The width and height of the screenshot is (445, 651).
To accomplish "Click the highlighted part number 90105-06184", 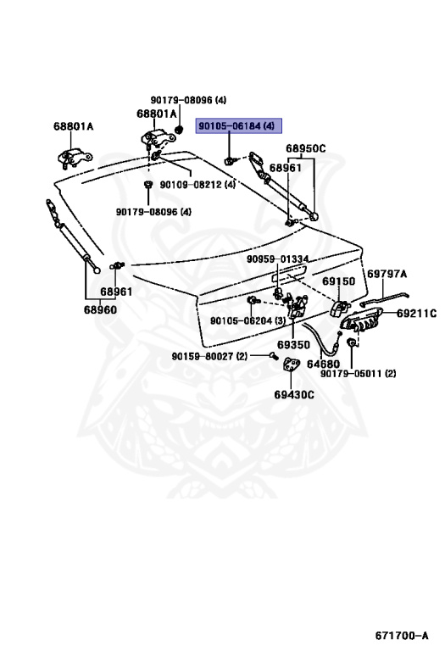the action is click(x=230, y=125).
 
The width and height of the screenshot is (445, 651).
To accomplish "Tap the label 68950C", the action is click(x=305, y=148).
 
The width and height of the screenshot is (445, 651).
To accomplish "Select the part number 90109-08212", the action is click(x=191, y=184).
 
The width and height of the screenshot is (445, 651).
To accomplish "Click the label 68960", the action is click(x=100, y=309).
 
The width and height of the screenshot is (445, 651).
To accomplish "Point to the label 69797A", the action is click(x=387, y=274).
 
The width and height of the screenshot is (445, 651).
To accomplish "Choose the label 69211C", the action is click(x=416, y=314).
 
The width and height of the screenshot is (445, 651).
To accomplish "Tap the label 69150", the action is click(x=339, y=281).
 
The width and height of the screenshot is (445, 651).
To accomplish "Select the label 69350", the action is click(x=293, y=345).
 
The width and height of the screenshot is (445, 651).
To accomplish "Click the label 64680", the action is click(x=323, y=364).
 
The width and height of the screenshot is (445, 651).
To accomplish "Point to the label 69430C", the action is click(x=294, y=394).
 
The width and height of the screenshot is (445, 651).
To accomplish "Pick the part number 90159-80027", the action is click(x=203, y=356).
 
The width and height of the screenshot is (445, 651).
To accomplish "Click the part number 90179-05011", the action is click(x=351, y=374).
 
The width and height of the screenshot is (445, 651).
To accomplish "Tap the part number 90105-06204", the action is click(x=242, y=321).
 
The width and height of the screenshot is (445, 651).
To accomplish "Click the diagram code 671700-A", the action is click(x=402, y=636).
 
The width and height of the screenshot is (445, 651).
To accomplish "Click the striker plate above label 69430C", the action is click(x=292, y=364).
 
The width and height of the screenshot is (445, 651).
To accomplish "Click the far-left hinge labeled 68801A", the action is click(x=74, y=158).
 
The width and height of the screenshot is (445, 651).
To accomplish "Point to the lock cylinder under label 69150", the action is click(x=339, y=308).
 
